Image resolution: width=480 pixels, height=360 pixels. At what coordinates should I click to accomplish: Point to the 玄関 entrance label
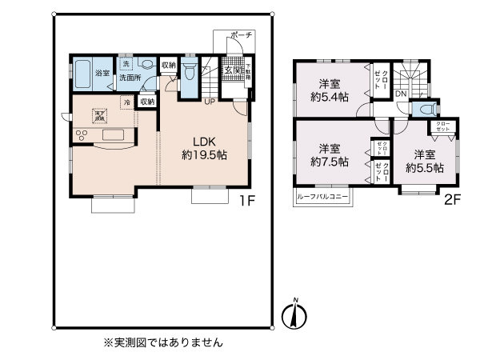tap(232, 71)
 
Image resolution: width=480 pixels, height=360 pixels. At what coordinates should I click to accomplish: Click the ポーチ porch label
tap(241, 35)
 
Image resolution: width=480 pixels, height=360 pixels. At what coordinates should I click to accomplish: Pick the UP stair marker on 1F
tap(208, 102)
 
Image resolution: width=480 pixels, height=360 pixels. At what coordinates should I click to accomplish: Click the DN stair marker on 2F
tap(400, 94)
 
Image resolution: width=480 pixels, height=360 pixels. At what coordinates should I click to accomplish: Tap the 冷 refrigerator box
tap(126, 102)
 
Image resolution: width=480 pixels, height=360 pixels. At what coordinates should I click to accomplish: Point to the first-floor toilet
tap(188, 73)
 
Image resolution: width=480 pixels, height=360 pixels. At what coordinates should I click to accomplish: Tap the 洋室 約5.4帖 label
tap(330, 90)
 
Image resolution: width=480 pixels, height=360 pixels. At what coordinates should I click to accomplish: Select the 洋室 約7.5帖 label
tap(329, 155)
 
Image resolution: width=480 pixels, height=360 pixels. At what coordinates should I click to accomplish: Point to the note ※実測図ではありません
tap(162, 342)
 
